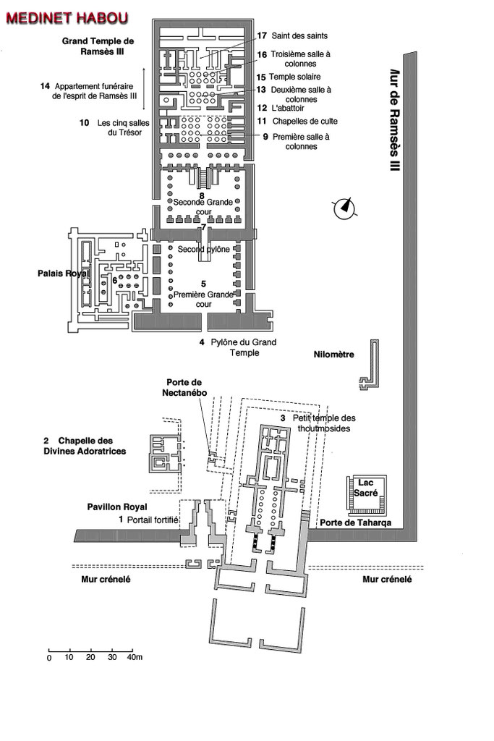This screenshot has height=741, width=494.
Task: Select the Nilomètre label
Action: (x=333, y=355)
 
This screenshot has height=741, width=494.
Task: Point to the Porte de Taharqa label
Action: (x=352, y=522)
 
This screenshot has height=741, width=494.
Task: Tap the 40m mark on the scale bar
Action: (x=135, y=658)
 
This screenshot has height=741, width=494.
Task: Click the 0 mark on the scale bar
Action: (x=49, y=658)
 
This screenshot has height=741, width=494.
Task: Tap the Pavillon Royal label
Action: (x=117, y=507)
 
